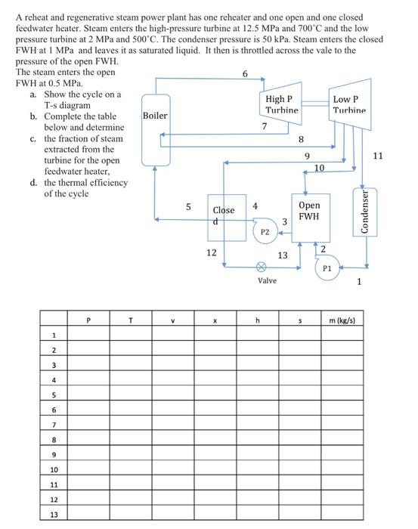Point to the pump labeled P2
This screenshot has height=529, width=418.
(265, 233)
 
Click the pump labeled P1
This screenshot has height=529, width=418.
(327, 268)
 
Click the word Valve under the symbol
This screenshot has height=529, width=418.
(267, 280)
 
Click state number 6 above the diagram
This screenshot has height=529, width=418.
(244, 73)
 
